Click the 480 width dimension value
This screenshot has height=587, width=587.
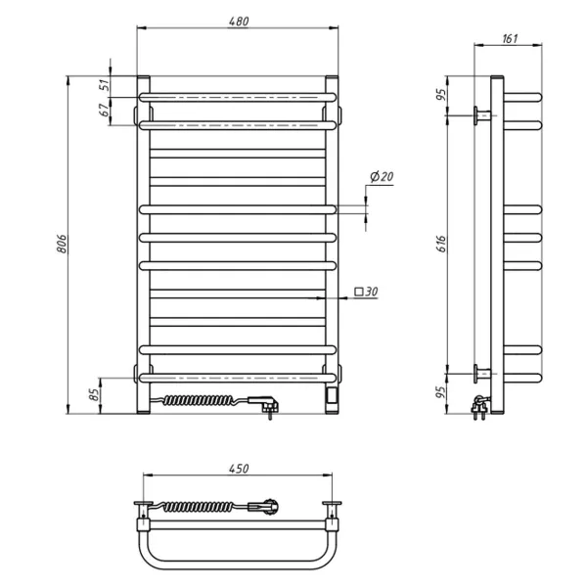(x=238, y=23)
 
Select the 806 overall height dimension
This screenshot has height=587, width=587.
(x=60, y=246)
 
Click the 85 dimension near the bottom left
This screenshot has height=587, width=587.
(x=94, y=394)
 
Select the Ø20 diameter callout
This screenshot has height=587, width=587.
(x=382, y=177)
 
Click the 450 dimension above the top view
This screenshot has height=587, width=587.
(x=238, y=468)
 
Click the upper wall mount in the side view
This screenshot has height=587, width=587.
(x=482, y=115)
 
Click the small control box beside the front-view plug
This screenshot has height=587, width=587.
(x=334, y=395)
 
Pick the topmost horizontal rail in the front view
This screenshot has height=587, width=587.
(x=238, y=97)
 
